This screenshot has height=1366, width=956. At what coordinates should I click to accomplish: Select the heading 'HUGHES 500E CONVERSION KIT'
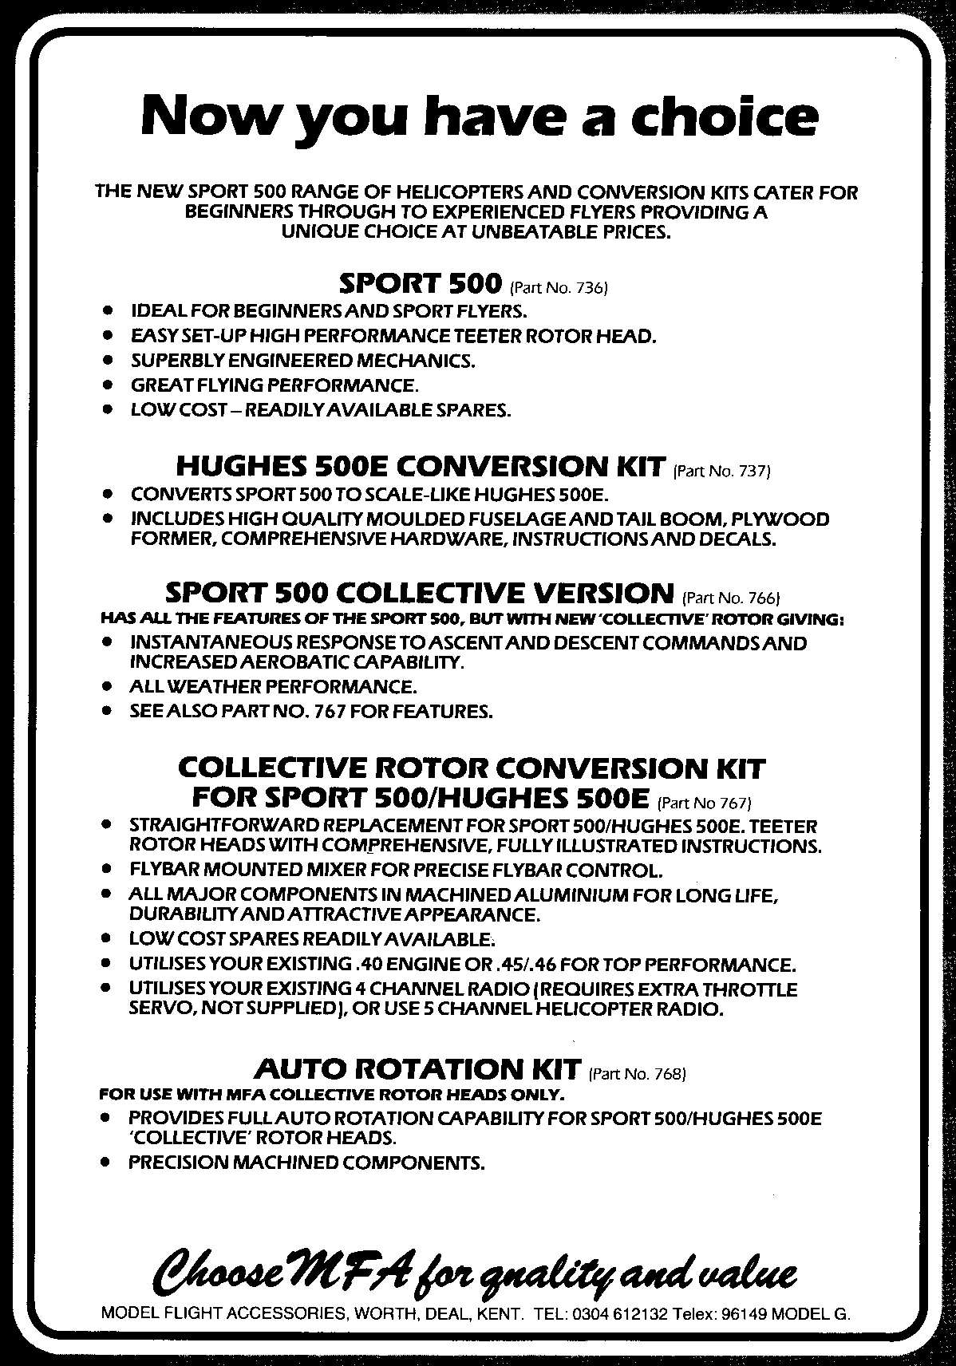tap(421, 466)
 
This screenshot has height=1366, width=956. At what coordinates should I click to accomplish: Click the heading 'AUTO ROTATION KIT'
tap(417, 1068)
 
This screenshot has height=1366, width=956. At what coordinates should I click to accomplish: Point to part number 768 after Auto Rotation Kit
tap(670, 1074)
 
